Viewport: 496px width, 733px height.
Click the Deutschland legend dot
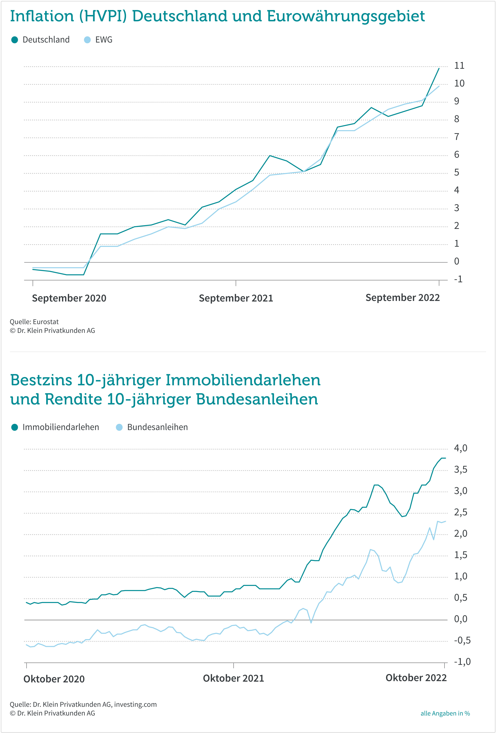15,40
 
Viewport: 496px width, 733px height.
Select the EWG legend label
104,40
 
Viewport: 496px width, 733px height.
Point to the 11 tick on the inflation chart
459,66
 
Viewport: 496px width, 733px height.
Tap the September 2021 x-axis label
236,298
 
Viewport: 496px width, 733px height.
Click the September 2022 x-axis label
403,297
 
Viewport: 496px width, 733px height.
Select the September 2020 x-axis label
69,298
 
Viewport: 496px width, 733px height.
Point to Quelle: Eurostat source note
34,322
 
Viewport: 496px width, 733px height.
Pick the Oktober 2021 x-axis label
233,678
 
